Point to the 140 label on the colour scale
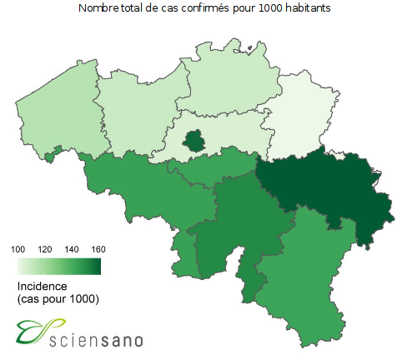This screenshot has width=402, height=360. click(73, 249)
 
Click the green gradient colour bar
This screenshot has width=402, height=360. click(58, 266)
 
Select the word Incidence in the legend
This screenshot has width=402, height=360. click(41, 286)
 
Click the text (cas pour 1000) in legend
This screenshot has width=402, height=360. click(58, 298)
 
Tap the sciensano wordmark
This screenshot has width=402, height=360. click(97, 339)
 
